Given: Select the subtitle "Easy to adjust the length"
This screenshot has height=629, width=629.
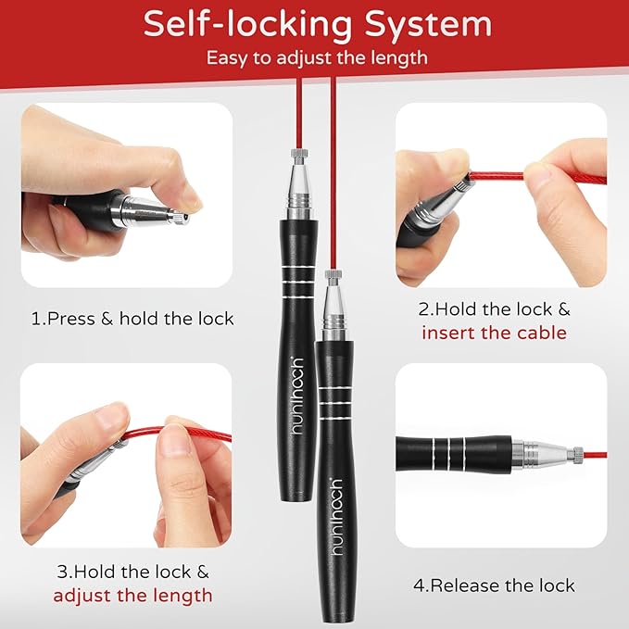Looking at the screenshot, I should click(317, 57).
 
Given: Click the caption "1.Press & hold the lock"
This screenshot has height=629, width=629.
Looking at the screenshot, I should click(132, 319).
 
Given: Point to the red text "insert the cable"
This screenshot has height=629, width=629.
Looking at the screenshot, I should click(494, 333).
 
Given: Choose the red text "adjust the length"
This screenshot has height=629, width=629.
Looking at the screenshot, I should click(132, 595).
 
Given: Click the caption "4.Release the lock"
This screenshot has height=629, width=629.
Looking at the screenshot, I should click(493, 585).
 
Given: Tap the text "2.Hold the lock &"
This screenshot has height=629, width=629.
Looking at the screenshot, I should click(494, 309).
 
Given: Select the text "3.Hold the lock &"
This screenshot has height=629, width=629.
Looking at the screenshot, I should click(132, 572).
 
